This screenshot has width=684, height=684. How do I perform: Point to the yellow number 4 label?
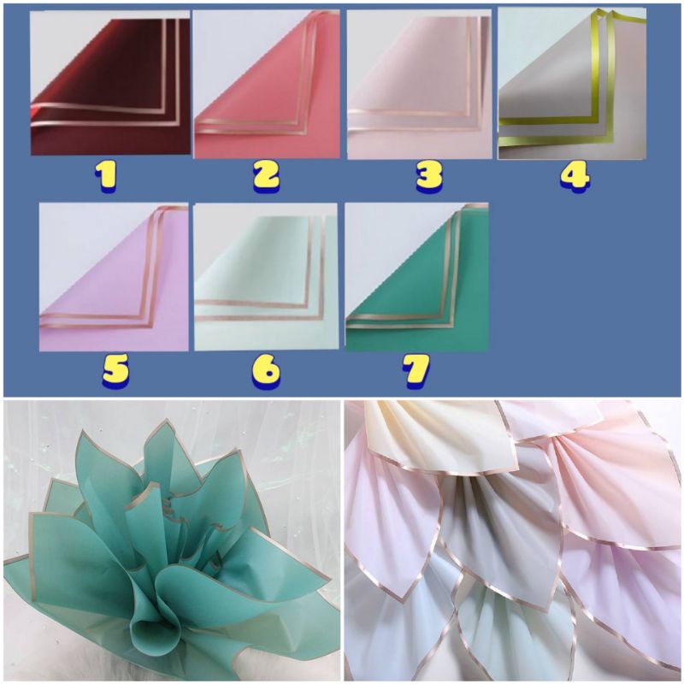[x=575, y=174]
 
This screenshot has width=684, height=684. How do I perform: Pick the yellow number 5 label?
[x=115, y=369]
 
